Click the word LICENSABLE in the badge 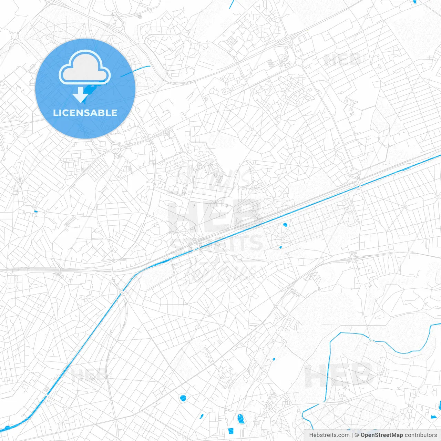pos(85,113)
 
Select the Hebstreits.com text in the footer pos(329,435)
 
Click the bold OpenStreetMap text pos(381,435)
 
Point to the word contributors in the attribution pos(421,435)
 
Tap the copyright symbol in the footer pos(357,435)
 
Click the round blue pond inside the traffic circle pos(183,398)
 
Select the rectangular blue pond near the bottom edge pos(230,430)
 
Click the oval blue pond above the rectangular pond pos(240,419)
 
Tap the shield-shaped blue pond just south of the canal pos(285,225)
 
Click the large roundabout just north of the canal pos(354,173)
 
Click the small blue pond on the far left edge pos(35,211)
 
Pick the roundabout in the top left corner pos(14,35)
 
